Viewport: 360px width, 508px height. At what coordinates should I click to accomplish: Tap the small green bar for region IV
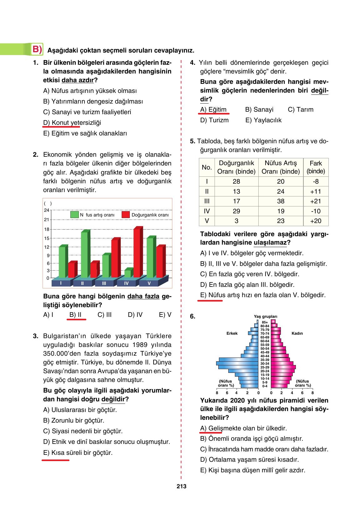point(128,274)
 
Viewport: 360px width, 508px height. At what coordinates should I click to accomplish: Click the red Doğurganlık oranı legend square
point(126,215)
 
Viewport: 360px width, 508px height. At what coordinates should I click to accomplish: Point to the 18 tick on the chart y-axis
point(47,229)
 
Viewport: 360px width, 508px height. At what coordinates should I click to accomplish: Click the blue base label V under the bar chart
point(149,283)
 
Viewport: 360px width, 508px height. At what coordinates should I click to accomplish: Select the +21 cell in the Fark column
point(316,201)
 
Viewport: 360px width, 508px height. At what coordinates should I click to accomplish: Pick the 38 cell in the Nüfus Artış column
point(281,201)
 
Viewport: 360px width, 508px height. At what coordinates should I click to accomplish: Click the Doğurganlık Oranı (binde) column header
point(236,167)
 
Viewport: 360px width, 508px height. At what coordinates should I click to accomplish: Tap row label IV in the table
point(207,211)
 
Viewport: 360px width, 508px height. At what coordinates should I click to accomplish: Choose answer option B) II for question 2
point(75,315)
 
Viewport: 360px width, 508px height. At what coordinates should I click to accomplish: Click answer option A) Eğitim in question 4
point(213,110)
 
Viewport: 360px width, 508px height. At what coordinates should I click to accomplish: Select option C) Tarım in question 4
point(300,110)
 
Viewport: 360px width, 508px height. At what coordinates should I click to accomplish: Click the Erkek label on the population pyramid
point(232,333)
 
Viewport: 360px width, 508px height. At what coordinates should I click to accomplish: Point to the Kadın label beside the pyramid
point(297,333)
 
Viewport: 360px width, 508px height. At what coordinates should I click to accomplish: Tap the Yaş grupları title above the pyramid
point(265,317)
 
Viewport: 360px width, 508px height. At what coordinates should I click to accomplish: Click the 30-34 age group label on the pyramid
point(265,363)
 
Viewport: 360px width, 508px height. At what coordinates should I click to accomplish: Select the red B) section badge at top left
point(37,49)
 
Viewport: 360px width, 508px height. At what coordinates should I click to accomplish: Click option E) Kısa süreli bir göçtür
point(78,453)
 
